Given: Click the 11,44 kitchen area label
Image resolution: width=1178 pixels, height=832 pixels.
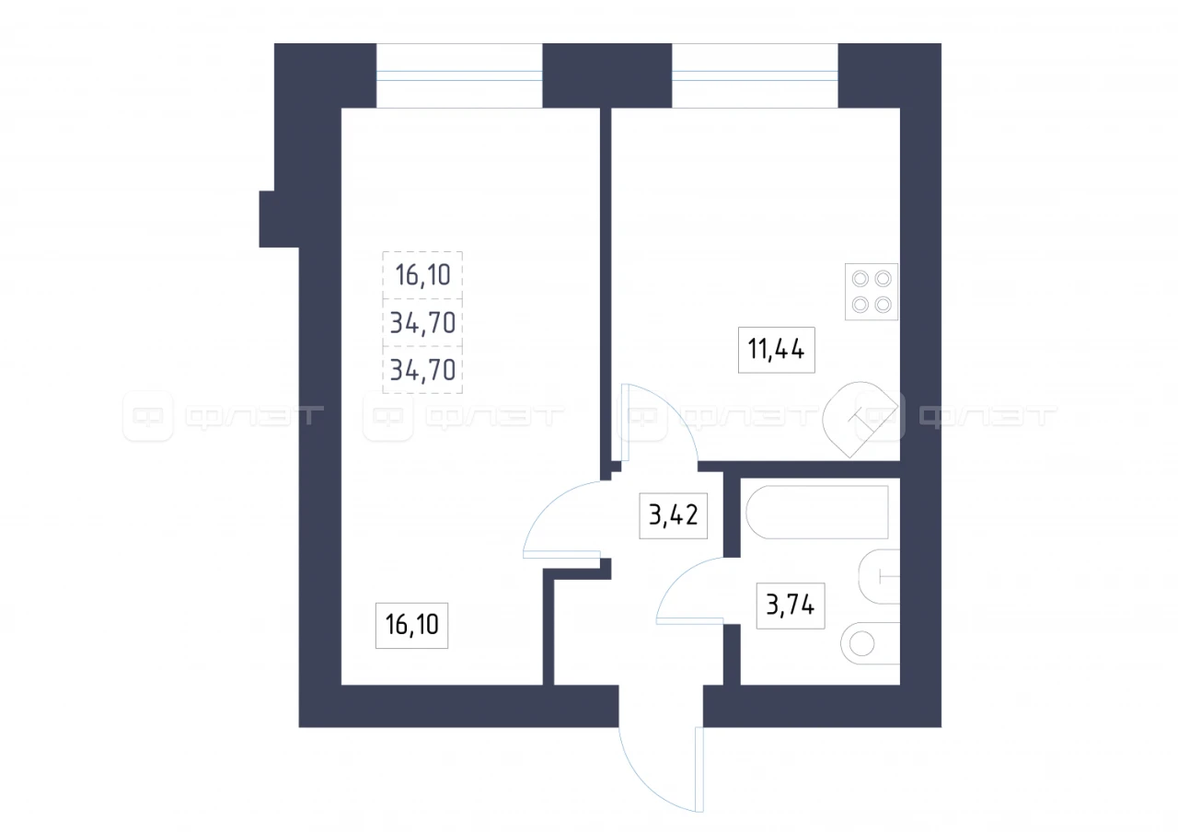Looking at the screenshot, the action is pyautogui.click(x=776, y=350).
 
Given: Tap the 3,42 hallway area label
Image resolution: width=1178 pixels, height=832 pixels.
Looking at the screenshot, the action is pyautogui.click(x=673, y=515).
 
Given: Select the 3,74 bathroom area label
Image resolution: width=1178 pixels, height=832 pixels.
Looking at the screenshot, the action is pyautogui.click(x=791, y=606).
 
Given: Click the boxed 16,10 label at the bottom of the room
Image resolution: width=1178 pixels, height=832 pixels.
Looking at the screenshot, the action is pyautogui.click(x=411, y=625).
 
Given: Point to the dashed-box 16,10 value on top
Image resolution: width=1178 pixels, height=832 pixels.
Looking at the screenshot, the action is pyautogui.click(x=422, y=275).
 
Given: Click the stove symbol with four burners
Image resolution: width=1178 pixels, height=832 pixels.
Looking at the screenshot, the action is pyautogui.click(x=872, y=292).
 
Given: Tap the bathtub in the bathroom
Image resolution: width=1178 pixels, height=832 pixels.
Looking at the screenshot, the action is pyautogui.click(x=817, y=512).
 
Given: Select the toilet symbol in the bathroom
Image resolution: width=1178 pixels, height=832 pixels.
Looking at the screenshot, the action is pyautogui.click(x=870, y=643).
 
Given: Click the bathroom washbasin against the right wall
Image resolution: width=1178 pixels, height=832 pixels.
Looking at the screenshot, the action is pyautogui.click(x=879, y=577).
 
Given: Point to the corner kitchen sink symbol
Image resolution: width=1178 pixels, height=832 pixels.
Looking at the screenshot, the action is pyautogui.click(x=860, y=419).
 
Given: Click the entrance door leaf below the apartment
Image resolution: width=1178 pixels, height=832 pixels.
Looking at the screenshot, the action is pyautogui.click(x=699, y=769).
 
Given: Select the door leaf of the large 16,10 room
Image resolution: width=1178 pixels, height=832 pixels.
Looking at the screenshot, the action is pyautogui.click(x=561, y=554).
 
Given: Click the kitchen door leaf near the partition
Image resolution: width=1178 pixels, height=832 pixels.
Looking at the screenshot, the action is pyautogui.click(x=625, y=422).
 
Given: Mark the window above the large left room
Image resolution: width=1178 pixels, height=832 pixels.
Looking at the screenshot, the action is pyautogui.click(x=459, y=75).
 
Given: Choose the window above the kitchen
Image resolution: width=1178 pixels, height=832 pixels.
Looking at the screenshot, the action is pyautogui.click(x=755, y=75).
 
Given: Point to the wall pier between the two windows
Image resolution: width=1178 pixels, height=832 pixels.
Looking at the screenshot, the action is pyautogui.click(x=606, y=75).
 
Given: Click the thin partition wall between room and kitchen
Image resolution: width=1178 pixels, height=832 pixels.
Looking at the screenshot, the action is pyautogui.click(x=606, y=289).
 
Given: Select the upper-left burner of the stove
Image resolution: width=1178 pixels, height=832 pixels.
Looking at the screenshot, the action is pyautogui.click(x=860, y=279).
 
